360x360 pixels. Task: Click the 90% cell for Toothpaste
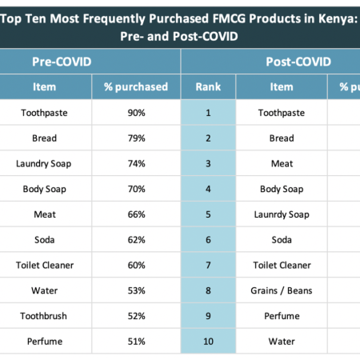[136, 113]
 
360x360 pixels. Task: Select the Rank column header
[208, 87]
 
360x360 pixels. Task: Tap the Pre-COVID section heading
[62, 62]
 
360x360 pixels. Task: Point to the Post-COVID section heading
[298, 62]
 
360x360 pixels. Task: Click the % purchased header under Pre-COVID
[136, 87]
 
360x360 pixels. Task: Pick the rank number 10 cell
[208, 342]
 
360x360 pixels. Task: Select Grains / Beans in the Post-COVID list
[282, 290]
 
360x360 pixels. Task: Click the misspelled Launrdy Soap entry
[282, 214]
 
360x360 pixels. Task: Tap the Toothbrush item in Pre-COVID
[44, 316]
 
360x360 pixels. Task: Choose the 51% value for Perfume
[136, 342]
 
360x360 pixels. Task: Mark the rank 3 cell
[208, 163]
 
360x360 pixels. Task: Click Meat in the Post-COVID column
[282, 163]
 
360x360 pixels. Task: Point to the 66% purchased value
[136, 214]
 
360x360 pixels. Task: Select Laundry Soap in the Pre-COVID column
[44, 164]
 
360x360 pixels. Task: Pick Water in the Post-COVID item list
[282, 342]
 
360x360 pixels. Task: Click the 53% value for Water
[136, 290]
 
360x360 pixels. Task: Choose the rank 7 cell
[208, 265]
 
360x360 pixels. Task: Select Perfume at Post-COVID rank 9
[282, 316]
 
